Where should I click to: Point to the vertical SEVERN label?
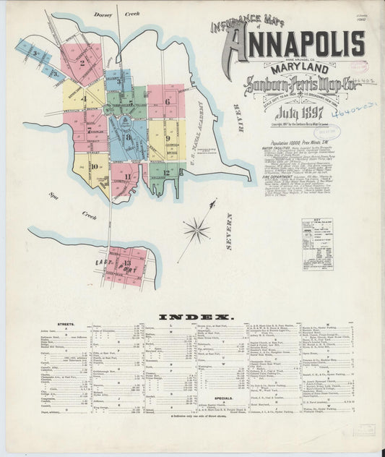point(230,231)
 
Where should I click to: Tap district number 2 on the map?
point(82,63)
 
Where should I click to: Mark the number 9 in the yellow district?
point(168,137)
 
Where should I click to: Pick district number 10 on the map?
point(95,167)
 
